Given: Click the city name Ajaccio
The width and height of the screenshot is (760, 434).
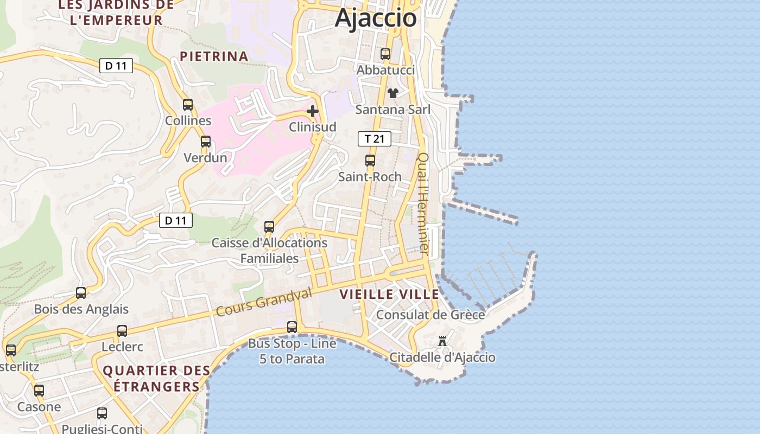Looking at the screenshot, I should [376, 18].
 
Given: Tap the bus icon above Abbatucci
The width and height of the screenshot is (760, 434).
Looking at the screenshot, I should [385, 54].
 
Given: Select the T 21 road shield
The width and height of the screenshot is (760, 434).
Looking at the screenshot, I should [375, 139].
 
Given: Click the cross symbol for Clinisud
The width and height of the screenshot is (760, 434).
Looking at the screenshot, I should [313, 111].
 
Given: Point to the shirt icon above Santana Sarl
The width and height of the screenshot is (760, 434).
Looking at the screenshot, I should [393, 93].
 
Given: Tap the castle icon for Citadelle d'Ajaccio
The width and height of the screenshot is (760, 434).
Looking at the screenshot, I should [442, 341].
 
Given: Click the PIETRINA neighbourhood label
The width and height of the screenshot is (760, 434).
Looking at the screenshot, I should [214, 56].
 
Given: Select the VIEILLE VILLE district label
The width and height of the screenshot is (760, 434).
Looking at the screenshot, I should [389, 295].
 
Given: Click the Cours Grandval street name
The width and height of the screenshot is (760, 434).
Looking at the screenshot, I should [264, 302].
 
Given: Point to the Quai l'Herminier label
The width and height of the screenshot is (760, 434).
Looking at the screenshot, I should [423, 203].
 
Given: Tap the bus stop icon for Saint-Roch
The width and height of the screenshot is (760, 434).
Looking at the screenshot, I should [370, 161].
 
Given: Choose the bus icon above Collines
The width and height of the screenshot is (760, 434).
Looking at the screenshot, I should [188, 105].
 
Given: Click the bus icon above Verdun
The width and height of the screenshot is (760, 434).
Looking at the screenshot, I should [206, 142].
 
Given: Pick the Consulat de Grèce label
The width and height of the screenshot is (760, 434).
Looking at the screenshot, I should [430, 315].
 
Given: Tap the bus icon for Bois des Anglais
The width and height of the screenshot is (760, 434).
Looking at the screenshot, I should [81, 293].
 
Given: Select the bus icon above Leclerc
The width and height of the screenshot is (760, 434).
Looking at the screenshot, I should [122, 331].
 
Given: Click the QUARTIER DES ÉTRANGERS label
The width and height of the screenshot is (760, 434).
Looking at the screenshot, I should [156, 379].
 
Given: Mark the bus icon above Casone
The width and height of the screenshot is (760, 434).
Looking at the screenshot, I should [39, 391].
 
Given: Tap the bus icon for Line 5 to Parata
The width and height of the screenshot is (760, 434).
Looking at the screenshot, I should [292, 327].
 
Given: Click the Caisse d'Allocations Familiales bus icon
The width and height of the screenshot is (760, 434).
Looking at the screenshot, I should [269, 227].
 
